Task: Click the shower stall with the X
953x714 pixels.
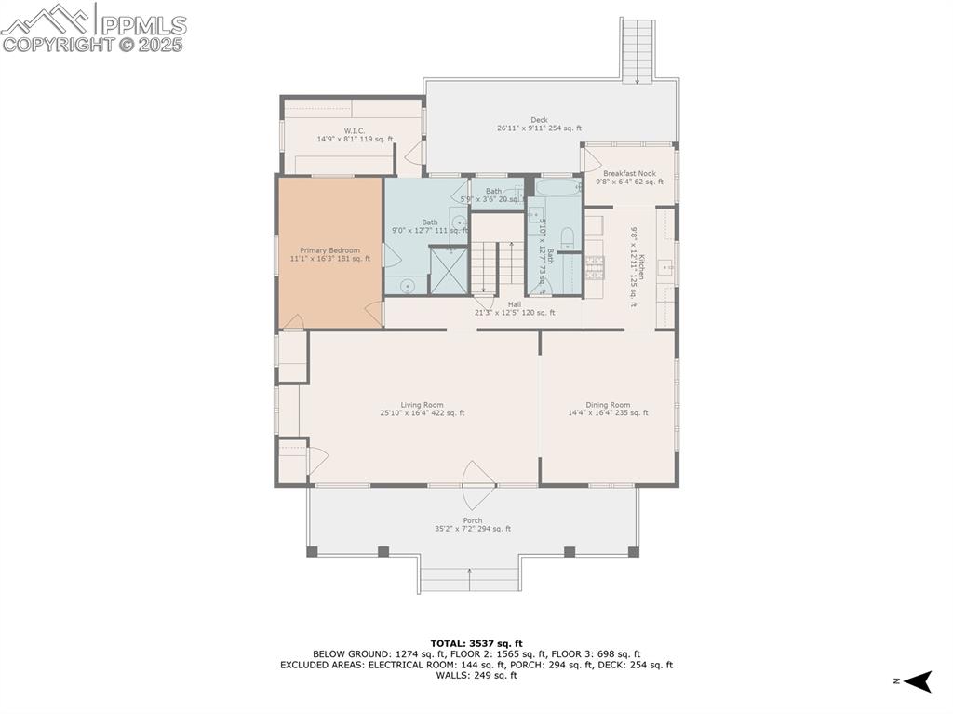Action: (449, 271)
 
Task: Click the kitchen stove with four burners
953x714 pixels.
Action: (593, 267)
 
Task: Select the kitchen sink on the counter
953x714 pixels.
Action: (666, 268)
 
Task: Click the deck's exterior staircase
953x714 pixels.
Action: (638, 50)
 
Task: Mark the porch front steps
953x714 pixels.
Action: (468, 579)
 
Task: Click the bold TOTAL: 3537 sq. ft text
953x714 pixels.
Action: (476, 643)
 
